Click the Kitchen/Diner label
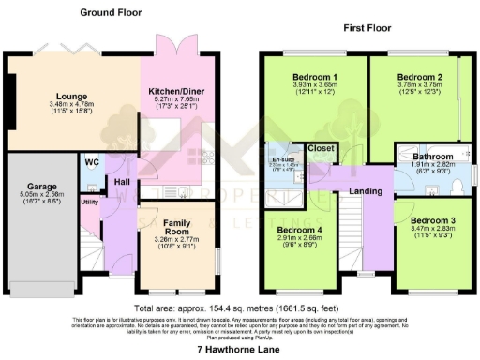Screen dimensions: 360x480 click(176, 91)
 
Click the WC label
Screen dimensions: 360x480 click(91, 161)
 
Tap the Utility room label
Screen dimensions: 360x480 click(90, 202)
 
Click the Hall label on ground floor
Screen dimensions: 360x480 click(122, 181)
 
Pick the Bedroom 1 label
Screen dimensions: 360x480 click(313, 76)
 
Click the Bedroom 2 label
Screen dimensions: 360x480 click(419, 76)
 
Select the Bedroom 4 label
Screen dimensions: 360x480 click(300, 231)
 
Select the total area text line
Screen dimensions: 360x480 click(240, 307)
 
